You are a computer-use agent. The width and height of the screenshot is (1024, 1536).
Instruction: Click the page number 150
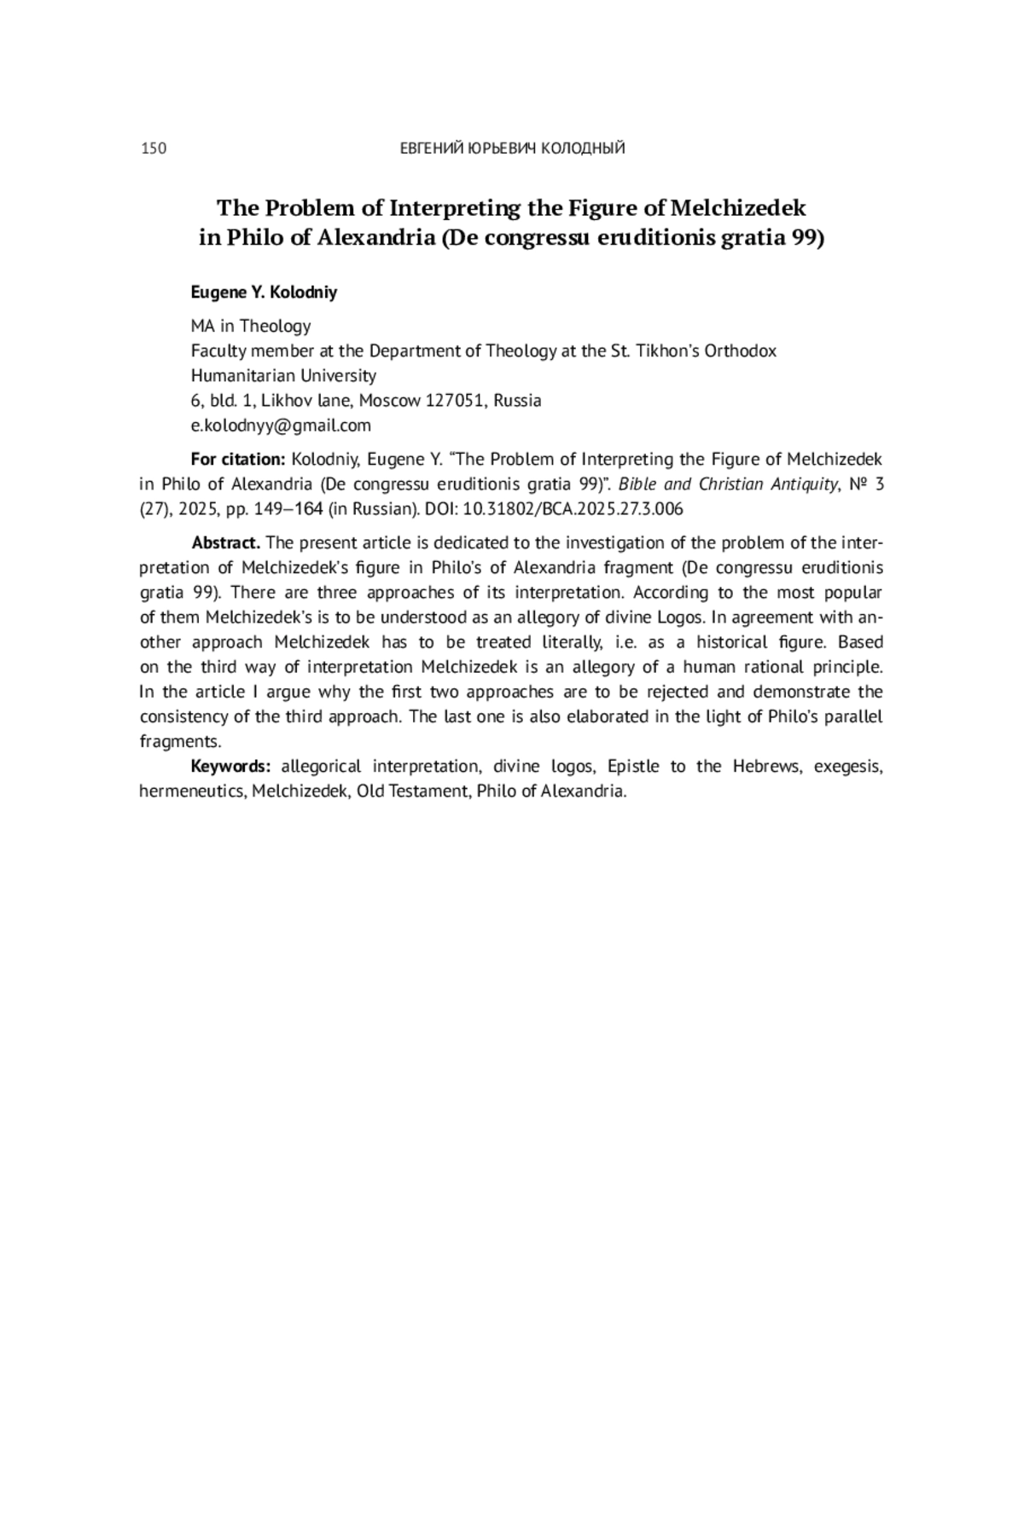(x=154, y=149)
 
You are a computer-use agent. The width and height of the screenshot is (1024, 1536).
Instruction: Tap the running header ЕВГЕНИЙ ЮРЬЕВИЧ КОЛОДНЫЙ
(x=512, y=149)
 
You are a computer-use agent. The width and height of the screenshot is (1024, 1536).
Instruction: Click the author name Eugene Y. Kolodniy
(x=264, y=293)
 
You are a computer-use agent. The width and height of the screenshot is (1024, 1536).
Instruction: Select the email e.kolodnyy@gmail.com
(x=281, y=426)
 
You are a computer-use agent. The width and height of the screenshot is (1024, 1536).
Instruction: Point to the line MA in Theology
(x=251, y=326)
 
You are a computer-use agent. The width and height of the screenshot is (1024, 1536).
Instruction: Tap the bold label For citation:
(x=238, y=460)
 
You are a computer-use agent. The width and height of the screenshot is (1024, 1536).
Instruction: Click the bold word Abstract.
(x=226, y=543)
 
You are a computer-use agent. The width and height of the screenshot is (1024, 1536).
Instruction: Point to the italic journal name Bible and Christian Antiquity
(x=727, y=484)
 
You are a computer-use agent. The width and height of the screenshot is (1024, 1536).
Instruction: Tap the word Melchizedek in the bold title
(x=738, y=208)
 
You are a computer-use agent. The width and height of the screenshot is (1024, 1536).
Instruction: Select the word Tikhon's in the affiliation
(x=667, y=351)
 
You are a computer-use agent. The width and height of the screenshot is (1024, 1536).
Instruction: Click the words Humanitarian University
(x=283, y=376)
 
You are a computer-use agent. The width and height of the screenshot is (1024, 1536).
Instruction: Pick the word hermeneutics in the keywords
(x=193, y=791)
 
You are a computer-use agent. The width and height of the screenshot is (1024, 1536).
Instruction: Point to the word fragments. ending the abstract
(x=180, y=742)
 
